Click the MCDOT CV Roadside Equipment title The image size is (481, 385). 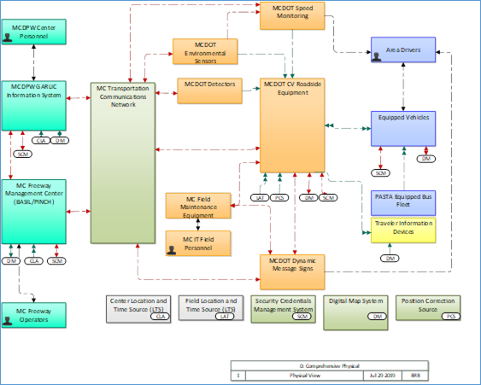click(x=293, y=89)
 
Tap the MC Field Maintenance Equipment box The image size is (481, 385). click(x=198, y=205)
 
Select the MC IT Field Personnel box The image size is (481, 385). click(x=198, y=242)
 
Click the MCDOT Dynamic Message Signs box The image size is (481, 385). click(x=292, y=265)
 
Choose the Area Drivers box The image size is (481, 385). click(x=404, y=49)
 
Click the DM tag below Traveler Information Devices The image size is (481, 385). click(x=390, y=258)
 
